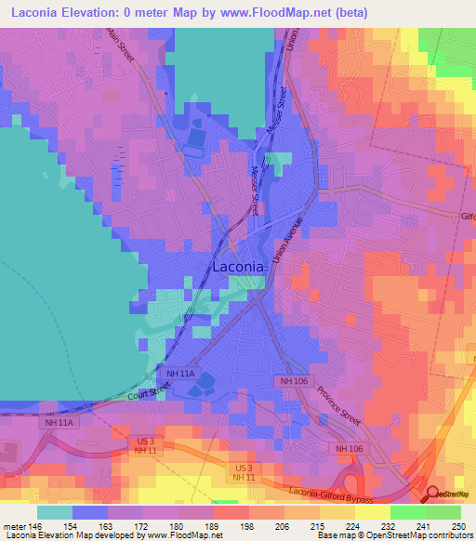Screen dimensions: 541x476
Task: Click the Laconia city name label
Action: point(240,267)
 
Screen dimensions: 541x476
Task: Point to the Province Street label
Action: point(338,407)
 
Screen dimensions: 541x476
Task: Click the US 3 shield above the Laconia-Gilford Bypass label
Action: point(244,467)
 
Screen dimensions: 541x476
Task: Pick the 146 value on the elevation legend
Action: point(37,525)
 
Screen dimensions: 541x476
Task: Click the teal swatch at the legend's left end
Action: point(55,512)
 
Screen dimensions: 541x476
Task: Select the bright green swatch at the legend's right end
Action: point(443,512)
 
